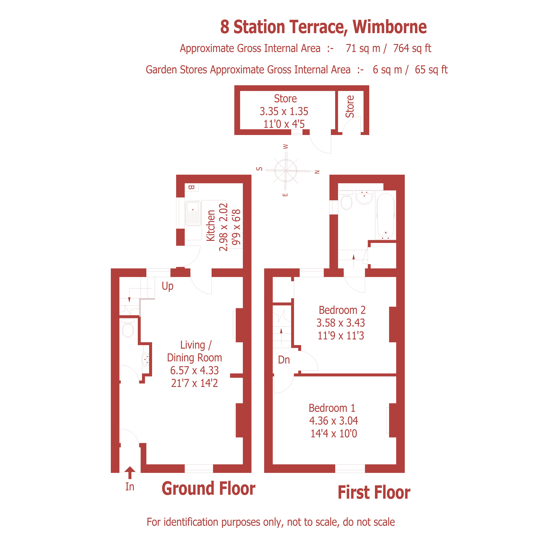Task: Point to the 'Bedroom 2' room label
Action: (342, 310)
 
